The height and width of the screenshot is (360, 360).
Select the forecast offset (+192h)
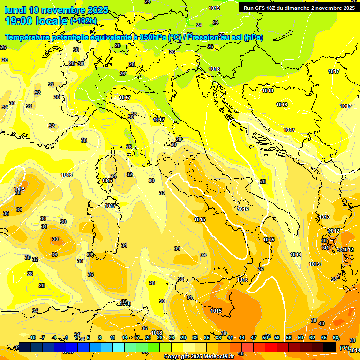click(x=83, y=21)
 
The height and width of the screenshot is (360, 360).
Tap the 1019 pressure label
click(x=215, y=8)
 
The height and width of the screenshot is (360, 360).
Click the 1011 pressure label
click(x=326, y=247)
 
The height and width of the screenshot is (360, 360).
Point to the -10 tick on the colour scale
click(x=32, y=337)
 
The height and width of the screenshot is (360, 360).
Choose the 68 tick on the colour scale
click(x=335, y=337)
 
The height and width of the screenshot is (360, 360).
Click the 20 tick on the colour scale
click(x=148, y=337)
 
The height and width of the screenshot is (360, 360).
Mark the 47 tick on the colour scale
click(x=254, y=337)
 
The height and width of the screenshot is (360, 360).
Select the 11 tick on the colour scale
click(x=112, y=337)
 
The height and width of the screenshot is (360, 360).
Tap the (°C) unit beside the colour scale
click(x=345, y=348)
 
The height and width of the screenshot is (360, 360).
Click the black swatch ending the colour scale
click(x=330, y=347)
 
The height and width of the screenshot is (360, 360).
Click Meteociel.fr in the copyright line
click(x=218, y=357)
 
